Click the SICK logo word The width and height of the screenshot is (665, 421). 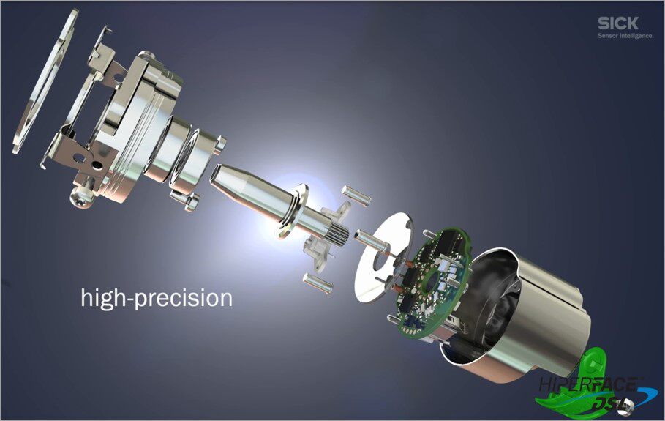[618, 23]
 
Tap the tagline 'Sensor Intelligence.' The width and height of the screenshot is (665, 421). [625, 36]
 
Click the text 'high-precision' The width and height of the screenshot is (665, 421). [157, 298]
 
